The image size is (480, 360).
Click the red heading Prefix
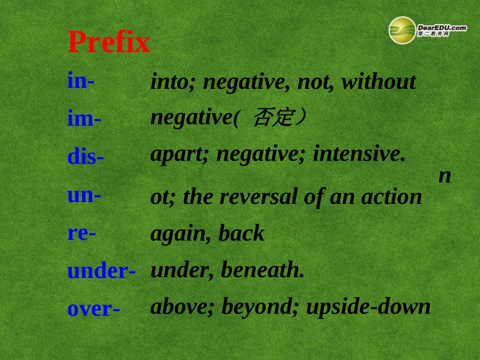click(109, 42)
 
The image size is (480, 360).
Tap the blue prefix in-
click(81, 81)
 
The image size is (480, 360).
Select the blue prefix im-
click(84, 119)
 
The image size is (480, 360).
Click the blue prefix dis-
click(85, 157)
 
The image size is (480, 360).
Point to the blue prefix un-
click(84, 194)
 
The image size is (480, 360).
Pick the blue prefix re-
click(82, 233)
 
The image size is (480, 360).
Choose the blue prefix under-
click(101, 271)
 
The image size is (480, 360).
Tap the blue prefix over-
click(93, 308)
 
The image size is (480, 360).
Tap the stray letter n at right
click(445, 176)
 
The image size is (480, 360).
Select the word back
click(242, 233)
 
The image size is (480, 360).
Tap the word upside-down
click(368, 307)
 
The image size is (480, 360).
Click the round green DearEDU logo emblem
click(402, 30)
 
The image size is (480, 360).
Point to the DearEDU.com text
click(442, 28)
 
